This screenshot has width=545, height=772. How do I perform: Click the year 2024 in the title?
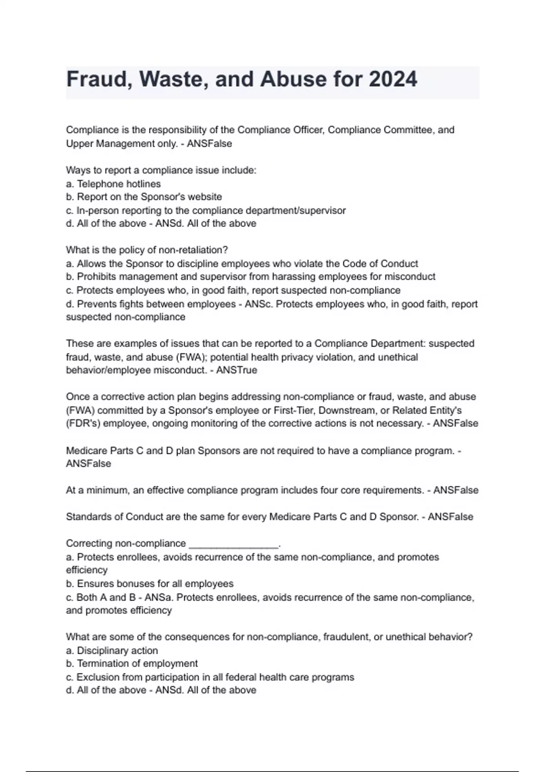pos(393,79)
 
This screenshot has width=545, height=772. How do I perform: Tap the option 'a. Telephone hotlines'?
pos(113,184)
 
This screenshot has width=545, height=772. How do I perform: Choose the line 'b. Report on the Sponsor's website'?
pos(144,197)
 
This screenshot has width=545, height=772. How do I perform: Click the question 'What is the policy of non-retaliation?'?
pos(147,250)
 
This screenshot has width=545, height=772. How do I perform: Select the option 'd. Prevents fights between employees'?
pos(150,304)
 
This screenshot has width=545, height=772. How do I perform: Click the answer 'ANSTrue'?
pos(237,370)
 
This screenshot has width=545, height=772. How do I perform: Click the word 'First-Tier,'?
pos(297,411)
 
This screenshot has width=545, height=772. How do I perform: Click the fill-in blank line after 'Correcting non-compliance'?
pos(233,544)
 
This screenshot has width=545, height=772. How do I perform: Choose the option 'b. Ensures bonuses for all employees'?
pos(149,584)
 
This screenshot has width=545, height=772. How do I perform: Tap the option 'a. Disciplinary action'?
pos(112,651)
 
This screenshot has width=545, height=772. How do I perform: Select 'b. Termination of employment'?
pos(132,664)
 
